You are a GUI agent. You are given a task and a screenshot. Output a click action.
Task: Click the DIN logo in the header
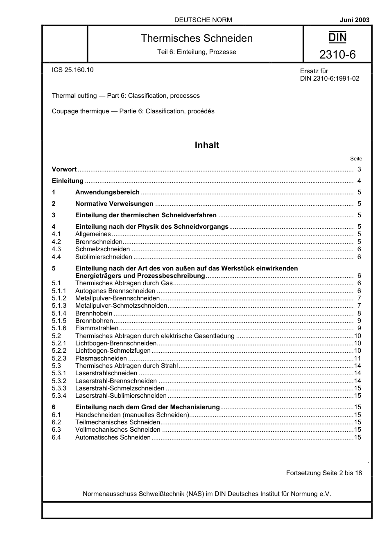(x=337, y=38)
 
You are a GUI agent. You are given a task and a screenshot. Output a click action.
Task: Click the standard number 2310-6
(x=337, y=54)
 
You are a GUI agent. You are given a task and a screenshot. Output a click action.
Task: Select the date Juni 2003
(x=354, y=20)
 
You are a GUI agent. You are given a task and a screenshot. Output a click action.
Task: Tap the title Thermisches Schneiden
(x=197, y=38)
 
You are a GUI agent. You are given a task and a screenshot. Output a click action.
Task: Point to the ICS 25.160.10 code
(x=72, y=70)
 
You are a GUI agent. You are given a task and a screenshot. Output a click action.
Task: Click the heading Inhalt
(x=207, y=145)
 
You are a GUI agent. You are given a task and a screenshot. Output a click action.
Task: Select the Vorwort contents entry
(x=64, y=169)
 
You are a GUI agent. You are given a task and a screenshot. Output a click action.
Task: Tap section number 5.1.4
(x=59, y=313)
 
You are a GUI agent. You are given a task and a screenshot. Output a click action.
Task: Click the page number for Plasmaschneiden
(x=357, y=358)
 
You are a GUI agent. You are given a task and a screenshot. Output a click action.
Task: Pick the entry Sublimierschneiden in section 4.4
(x=104, y=257)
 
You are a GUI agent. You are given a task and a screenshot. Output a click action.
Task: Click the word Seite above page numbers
(x=356, y=159)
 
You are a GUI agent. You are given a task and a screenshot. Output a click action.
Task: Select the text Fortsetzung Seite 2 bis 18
(x=324, y=473)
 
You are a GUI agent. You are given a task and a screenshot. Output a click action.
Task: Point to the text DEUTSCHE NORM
(x=203, y=20)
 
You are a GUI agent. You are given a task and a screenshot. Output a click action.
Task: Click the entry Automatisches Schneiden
(x=113, y=437)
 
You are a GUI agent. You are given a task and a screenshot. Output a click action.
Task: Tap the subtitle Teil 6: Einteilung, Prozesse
(x=197, y=52)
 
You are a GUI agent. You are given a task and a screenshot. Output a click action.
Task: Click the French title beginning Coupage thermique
(x=133, y=111)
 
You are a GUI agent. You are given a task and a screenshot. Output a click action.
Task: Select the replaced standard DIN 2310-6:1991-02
(x=330, y=79)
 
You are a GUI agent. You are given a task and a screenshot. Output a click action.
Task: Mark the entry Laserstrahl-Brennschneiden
(x=116, y=381)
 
